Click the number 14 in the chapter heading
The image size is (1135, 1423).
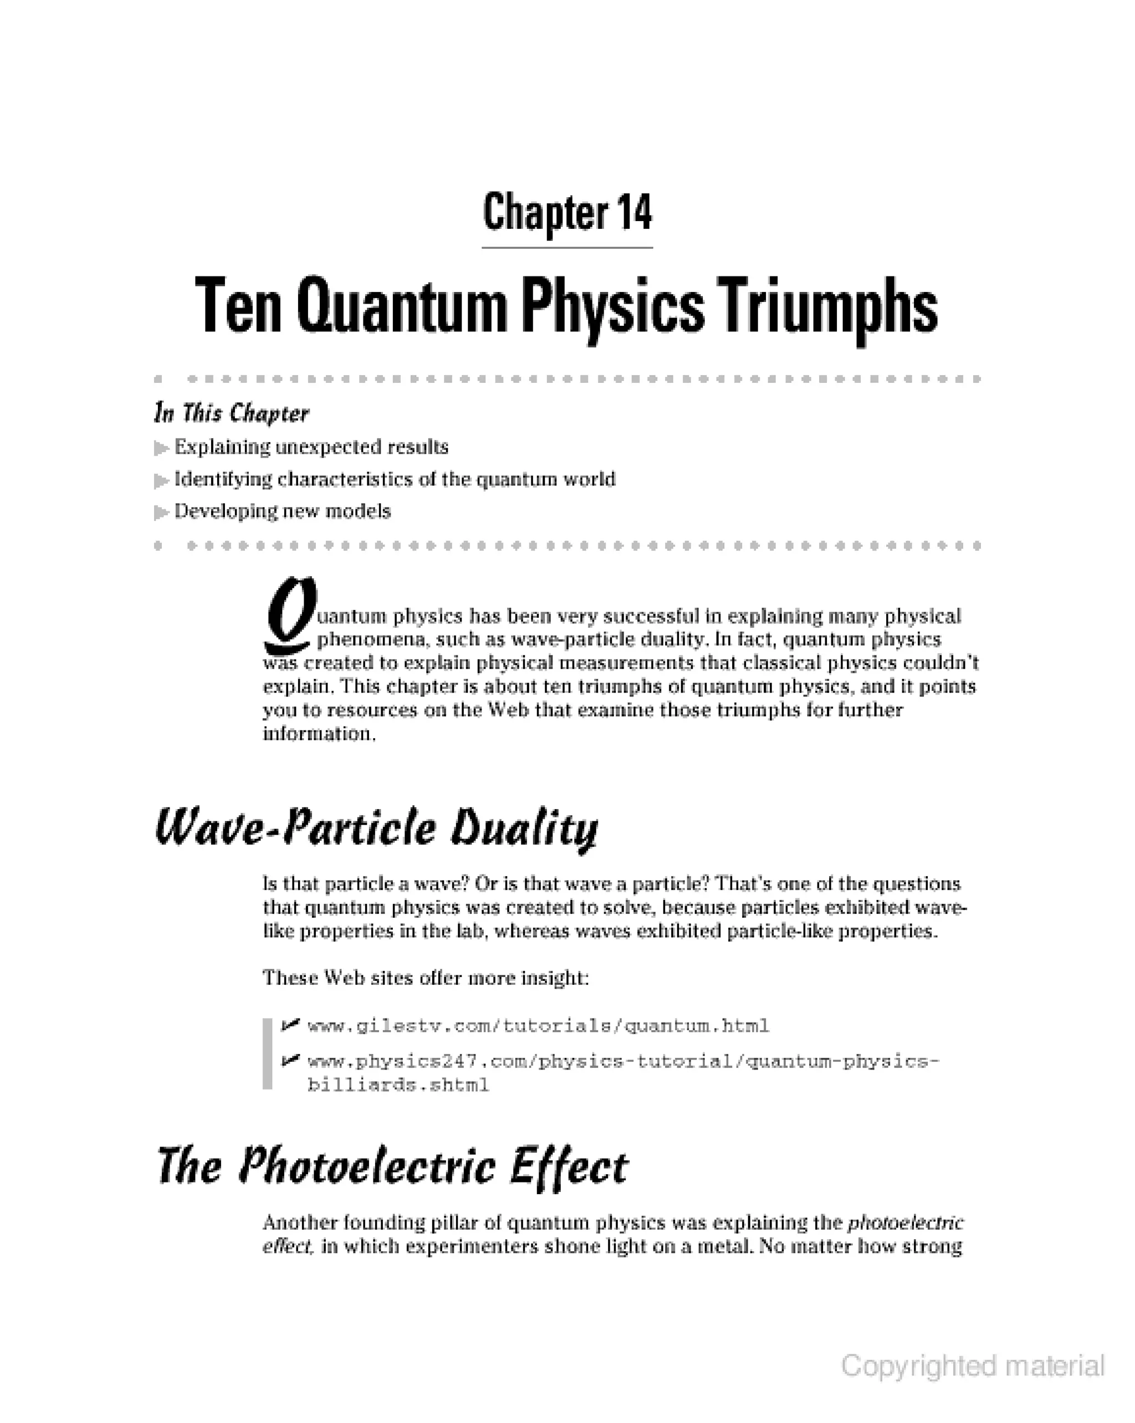tap(635, 213)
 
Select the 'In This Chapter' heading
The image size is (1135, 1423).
tap(231, 413)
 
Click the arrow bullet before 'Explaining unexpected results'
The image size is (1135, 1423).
tap(161, 448)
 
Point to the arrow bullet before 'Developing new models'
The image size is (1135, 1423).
tap(161, 512)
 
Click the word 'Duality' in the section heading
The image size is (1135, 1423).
tap(524, 830)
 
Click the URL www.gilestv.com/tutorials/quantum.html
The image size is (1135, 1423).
tap(538, 1026)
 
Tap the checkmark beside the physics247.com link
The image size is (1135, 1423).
tap(290, 1061)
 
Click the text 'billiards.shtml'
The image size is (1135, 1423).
tap(398, 1085)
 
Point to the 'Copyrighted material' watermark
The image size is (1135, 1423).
tap(972, 1365)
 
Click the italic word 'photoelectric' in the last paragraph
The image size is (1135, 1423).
tap(905, 1223)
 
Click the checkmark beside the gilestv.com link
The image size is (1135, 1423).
tap(290, 1025)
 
